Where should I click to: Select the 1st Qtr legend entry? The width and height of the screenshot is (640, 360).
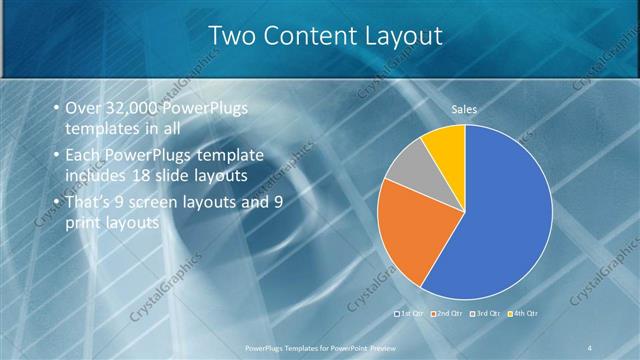(x=412, y=315)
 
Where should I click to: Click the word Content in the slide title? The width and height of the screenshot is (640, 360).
(x=301, y=37)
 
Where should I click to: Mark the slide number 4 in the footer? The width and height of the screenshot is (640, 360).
(x=591, y=347)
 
